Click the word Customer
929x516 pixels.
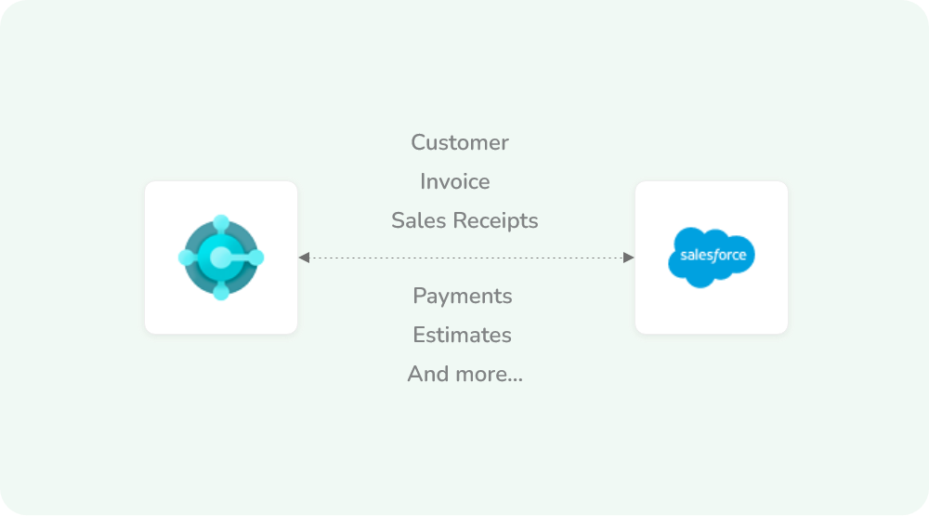point(460,143)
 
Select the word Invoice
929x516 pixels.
point(455,182)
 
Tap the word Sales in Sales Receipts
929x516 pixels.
point(414,221)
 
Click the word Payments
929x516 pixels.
point(463,297)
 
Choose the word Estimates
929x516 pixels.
point(463,336)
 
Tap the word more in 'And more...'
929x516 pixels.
point(478,375)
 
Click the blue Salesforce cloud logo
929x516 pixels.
point(712,257)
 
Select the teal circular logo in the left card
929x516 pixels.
point(221,258)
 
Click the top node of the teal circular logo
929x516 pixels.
point(221,223)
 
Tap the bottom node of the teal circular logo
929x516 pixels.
point(221,292)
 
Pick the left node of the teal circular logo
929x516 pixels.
point(187,258)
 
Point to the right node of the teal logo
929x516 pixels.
point(255,258)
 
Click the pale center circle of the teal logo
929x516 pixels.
point(221,258)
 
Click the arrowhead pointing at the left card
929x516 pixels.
point(305,258)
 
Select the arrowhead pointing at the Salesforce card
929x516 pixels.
point(628,258)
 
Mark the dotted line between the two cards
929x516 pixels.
point(464,258)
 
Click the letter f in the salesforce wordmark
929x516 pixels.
point(718,254)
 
